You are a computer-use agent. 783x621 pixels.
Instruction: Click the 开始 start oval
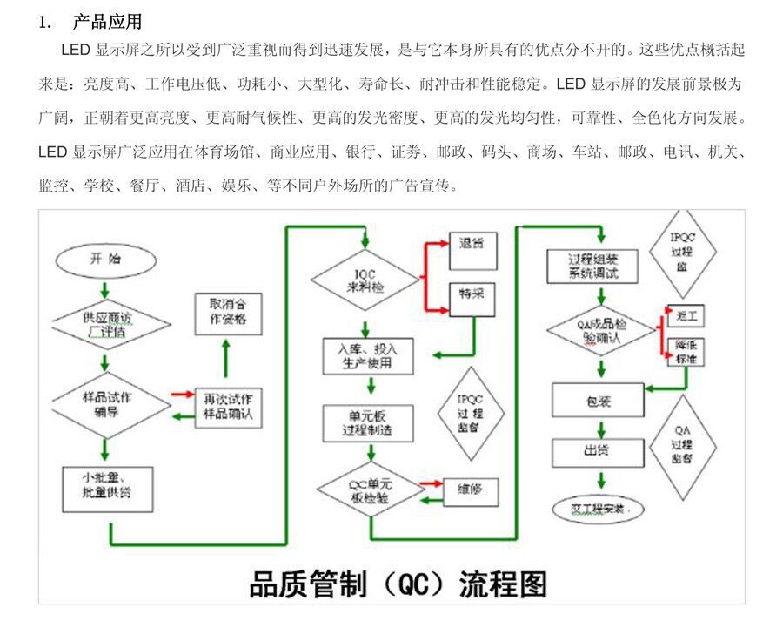104,260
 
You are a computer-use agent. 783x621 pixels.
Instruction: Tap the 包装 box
598,401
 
